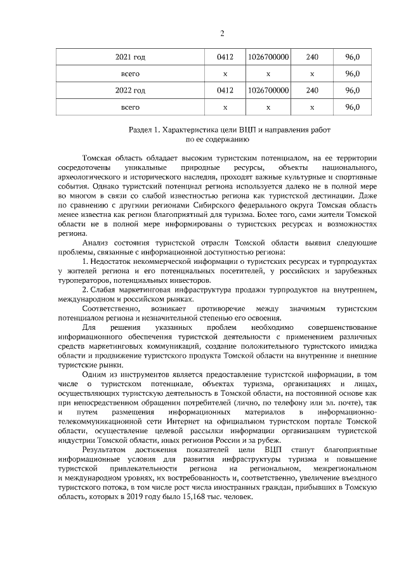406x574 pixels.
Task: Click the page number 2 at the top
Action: (x=222, y=34)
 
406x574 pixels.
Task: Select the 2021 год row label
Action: (x=130, y=58)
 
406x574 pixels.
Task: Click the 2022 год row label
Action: (x=130, y=91)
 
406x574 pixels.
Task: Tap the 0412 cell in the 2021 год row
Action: (x=225, y=58)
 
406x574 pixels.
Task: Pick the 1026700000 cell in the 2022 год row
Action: (x=269, y=91)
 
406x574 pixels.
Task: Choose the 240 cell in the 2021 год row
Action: (x=311, y=58)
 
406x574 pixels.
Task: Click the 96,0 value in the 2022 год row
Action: (x=353, y=91)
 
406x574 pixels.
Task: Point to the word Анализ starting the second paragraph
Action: (x=96, y=243)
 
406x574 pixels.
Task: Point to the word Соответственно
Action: (x=110, y=309)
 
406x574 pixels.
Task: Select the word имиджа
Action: (x=364, y=346)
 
